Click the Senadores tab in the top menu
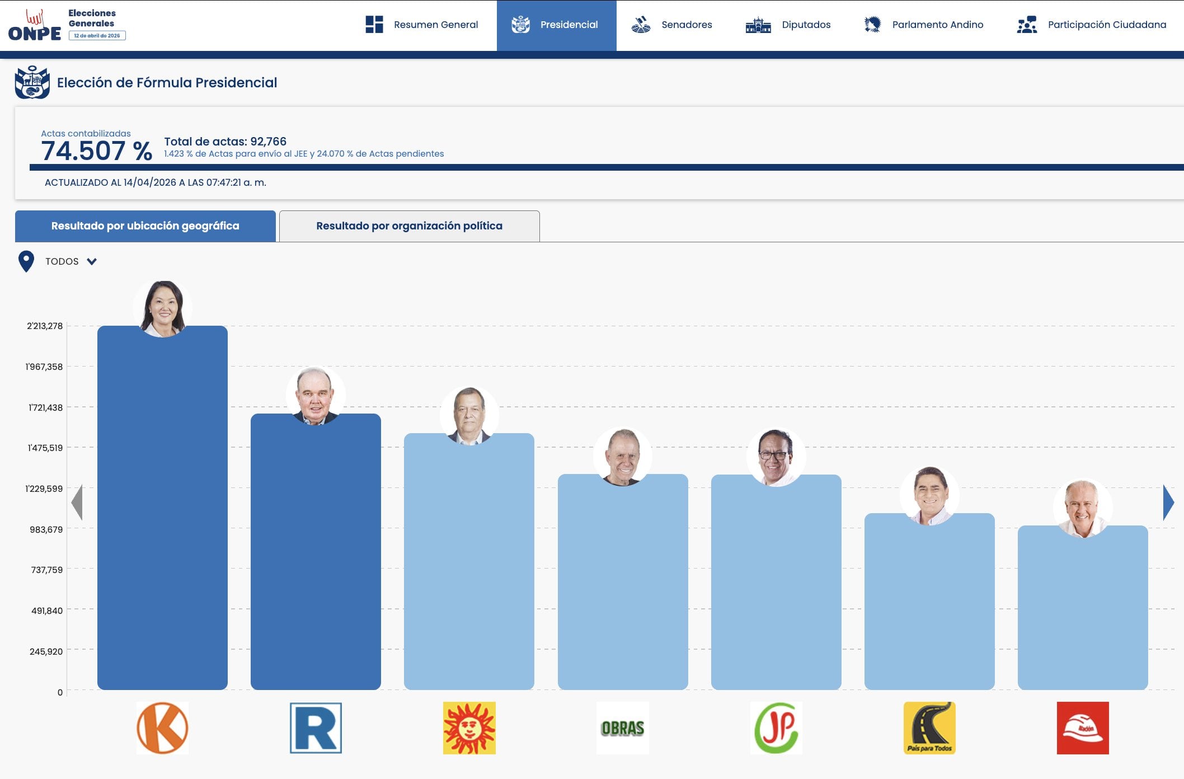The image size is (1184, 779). click(672, 25)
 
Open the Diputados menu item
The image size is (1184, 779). click(788, 25)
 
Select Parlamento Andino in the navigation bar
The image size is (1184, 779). click(924, 25)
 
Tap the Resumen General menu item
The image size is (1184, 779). click(422, 25)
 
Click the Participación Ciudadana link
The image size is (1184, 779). click(1092, 25)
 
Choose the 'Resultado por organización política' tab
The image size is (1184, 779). click(409, 226)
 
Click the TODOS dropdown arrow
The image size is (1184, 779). click(92, 261)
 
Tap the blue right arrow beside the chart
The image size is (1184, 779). click(1168, 502)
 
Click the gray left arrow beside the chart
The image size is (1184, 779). click(77, 502)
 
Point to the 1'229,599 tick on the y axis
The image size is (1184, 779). click(44, 489)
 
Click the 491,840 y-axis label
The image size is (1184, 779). click(47, 611)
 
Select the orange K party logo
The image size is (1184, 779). click(162, 728)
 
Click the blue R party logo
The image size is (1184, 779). click(316, 728)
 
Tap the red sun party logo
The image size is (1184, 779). click(469, 728)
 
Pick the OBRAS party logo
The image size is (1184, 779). click(622, 728)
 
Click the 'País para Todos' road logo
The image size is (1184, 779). click(929, 728)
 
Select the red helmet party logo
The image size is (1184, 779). click(1083, 728)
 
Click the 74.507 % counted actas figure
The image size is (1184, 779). click(96, 151)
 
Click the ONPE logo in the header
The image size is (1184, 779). click(35, 26)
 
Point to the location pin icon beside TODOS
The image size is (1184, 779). click(26, 261)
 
